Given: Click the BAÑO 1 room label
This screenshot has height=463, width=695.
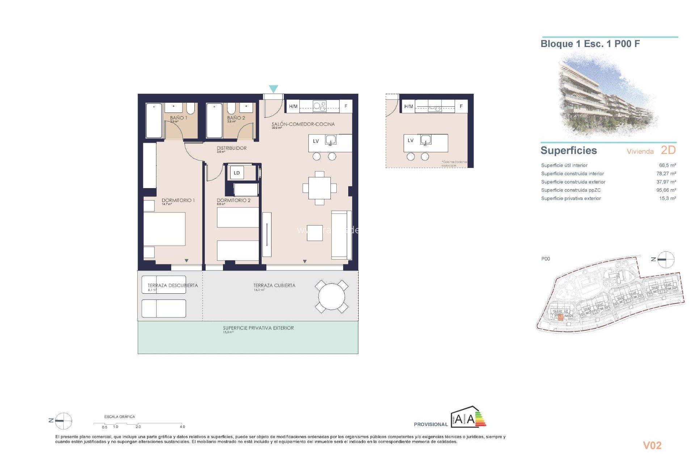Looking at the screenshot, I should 178,118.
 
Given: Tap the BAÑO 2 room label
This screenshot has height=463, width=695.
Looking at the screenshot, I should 236,118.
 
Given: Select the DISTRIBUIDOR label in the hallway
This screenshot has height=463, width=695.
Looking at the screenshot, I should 232,148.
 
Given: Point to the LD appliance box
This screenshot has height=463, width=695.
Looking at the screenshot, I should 237,173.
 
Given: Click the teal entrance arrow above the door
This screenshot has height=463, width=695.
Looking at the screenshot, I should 273,89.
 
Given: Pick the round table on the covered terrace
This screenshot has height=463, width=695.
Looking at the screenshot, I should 332,297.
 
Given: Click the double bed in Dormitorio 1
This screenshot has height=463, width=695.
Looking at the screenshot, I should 165,229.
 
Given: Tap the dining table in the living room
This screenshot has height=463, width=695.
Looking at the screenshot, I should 319,188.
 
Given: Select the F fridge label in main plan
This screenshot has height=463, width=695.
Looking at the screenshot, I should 346,106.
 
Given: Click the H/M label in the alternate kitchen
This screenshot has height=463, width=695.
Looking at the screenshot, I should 408,106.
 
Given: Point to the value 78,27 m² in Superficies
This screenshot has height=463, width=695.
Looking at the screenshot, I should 666,174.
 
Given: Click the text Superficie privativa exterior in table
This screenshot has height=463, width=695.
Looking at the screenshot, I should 571,199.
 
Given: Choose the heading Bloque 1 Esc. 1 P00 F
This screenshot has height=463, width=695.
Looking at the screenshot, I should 590,44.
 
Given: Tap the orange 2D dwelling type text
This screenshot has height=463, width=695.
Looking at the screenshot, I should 668,150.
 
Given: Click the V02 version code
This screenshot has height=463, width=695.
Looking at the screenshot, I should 652,446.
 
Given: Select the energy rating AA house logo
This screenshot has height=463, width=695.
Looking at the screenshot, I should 468,418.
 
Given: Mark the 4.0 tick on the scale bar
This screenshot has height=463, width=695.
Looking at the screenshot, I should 182,426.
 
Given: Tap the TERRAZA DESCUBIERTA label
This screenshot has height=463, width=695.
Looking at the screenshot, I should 173,285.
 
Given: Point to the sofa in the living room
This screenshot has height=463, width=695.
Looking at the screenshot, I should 341,235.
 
